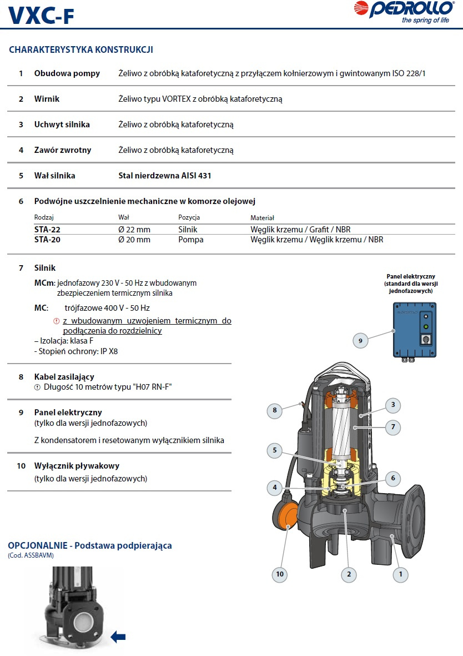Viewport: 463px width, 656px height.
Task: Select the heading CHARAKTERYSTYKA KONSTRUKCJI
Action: (x=81, y=50)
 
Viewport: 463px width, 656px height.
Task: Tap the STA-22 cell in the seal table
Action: (x=48, y=230)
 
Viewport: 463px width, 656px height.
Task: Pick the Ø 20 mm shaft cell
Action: (x=134, y=240)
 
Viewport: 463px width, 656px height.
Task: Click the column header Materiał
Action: (x=262, y=218)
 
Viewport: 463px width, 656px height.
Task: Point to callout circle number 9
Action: (x=361, y=340)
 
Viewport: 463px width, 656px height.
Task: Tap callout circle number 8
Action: (x=274, y=411)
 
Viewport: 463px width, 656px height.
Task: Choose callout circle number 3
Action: (x=392, y=405)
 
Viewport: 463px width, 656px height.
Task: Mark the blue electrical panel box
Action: (x=414, y=330)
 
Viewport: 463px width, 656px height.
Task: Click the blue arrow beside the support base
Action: (x=118, y=637)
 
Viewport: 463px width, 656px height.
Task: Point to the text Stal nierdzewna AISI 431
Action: (x=165, y=176)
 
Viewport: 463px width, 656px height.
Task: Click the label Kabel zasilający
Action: (x=64, y=377)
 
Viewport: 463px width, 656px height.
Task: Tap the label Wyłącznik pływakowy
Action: (x=77, y=466)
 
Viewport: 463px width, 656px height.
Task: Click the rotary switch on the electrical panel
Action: (x=426, y=338)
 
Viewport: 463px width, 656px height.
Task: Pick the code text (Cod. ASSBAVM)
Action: (x=31, y=555)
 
